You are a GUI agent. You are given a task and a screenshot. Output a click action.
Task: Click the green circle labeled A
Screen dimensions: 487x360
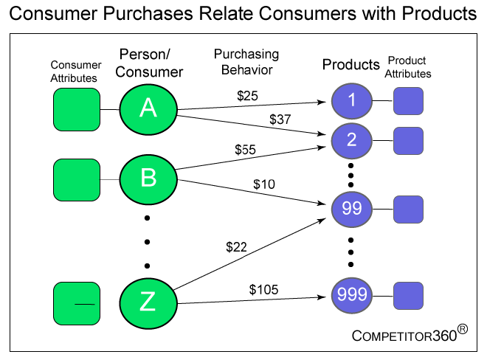(x=148, y=109)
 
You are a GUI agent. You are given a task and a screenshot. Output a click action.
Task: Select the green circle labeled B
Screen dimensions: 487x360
(x=148, y=179)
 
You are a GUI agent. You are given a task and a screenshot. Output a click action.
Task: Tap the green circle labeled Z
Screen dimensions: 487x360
(x=148, y=303)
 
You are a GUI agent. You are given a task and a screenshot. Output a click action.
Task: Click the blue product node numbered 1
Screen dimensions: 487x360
(x=351, y=101)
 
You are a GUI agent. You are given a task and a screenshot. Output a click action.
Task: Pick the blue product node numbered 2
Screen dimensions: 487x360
(x=351, y=141)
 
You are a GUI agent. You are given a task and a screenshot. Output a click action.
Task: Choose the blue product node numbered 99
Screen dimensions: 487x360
(x=351, y=209)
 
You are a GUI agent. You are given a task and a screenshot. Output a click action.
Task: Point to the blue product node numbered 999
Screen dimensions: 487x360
(x=351, y=295)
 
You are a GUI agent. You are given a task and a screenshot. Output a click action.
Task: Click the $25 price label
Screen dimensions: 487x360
(x=247, y=96)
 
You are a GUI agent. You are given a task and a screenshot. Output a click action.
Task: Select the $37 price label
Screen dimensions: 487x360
(x=280, y=120)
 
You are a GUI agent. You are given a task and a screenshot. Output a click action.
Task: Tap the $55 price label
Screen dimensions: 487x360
(x=245, y=150)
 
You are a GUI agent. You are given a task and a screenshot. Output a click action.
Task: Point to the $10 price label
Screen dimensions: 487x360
(x=264, y=184)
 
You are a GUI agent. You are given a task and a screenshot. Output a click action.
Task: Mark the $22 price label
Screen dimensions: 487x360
(x=236, y=247)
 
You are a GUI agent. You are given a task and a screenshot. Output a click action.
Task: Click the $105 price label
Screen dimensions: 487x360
(x=263, y=289)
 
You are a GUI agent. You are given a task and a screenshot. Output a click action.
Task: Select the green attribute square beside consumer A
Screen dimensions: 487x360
(x=77, y=109)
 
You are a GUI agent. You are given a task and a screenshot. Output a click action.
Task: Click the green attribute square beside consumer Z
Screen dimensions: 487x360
(x=77, y=303)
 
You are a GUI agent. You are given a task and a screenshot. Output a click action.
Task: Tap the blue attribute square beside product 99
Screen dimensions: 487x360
(x=408, y=210)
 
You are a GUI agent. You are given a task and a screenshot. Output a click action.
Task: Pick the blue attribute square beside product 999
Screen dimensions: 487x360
(x=408, y=296)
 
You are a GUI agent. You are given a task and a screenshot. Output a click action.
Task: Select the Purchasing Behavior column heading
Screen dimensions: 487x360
(x=246, y=62)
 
